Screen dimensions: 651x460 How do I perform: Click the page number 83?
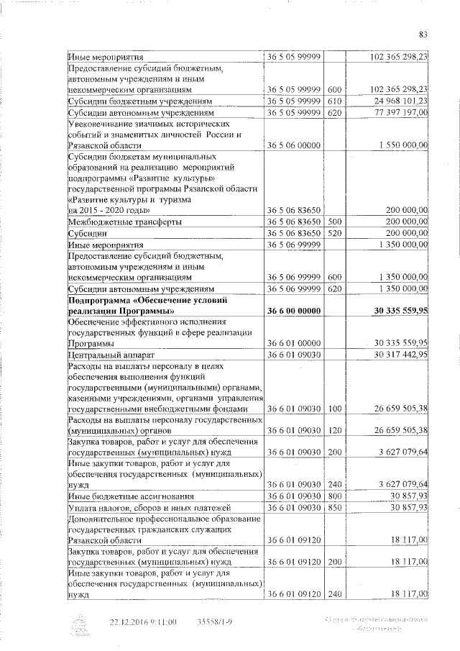(423, 34)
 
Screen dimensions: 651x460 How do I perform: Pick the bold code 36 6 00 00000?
(293, 310)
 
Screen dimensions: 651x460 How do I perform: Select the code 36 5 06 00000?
(293, 145)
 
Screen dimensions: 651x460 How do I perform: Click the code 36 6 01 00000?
(293, 343)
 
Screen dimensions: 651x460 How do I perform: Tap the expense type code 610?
(332, 101)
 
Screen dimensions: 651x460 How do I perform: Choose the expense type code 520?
(332, 234)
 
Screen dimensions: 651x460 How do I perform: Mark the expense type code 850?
(332, 509)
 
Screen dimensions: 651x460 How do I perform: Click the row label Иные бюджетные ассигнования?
(128, 497)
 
